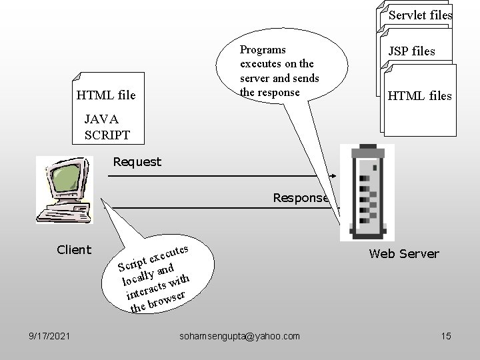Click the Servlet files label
420,15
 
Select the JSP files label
411,51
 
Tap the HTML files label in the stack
419,96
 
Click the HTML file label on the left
107,96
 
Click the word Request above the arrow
137,161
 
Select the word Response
301,197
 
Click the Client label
74,249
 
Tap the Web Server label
404,253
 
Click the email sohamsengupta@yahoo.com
240,337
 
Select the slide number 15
446,337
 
